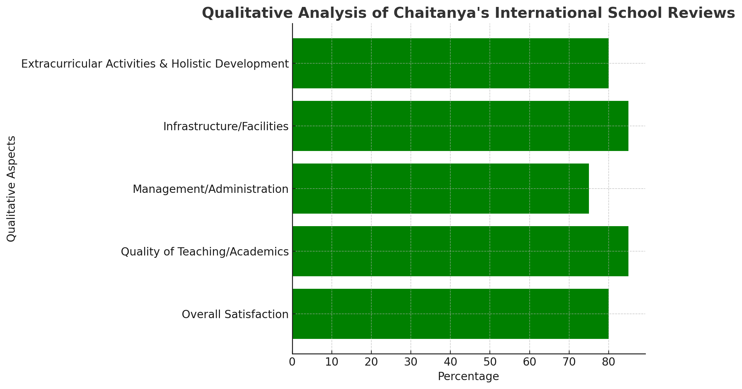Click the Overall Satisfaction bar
(x=450, y=314)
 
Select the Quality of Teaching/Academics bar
(x=460, y=251)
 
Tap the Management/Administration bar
(x=440, y=189)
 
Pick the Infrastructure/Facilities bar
(x=460, y=126)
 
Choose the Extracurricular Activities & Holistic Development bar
(x=450, y=63)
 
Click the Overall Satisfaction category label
(x=235, y=314)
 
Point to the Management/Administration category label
(x=211, y=189)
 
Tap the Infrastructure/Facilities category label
(x=226, y=126)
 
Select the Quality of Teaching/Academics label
(x=205, y=252)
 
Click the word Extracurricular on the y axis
(x=62, y=64)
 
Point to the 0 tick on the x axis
(x=292, y=362)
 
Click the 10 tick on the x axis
(x=332, y=362)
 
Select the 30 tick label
(x=411, y=362)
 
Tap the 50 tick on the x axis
(x=490, y=362)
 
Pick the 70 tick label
(x=569, y=362)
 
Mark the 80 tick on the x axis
(x=609, y=362)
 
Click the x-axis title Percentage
(x=468, y=376)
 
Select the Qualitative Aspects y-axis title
(x=11, y=189)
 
